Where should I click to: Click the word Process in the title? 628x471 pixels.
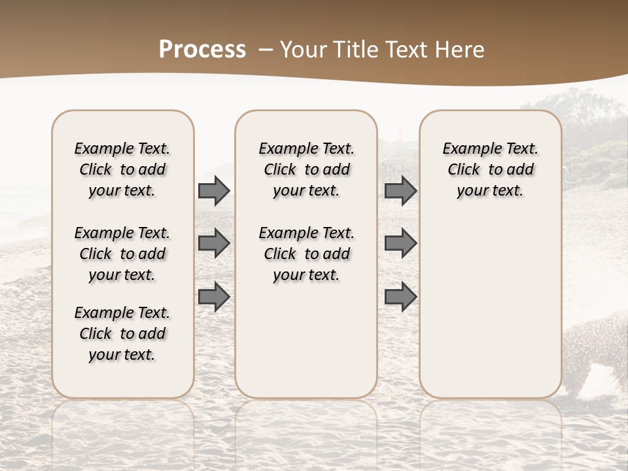point(202,50)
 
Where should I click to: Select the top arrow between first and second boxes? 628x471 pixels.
point(213,190)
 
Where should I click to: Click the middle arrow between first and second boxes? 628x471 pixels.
point(213,243)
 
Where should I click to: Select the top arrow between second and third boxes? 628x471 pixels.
point(400,190)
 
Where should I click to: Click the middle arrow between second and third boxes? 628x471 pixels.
point(400,243)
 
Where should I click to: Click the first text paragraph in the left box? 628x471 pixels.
point(122,169)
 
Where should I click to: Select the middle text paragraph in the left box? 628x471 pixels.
point(122,254)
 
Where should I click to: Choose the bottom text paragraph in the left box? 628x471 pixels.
point(122,334)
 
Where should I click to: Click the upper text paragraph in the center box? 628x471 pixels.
point(306,169)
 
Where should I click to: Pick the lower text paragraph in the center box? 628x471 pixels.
point(306,254)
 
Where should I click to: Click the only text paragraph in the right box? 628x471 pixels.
point(490,169)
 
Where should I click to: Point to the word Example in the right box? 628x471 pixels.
point(466,149)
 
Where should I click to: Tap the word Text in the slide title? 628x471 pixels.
point(408,50)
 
